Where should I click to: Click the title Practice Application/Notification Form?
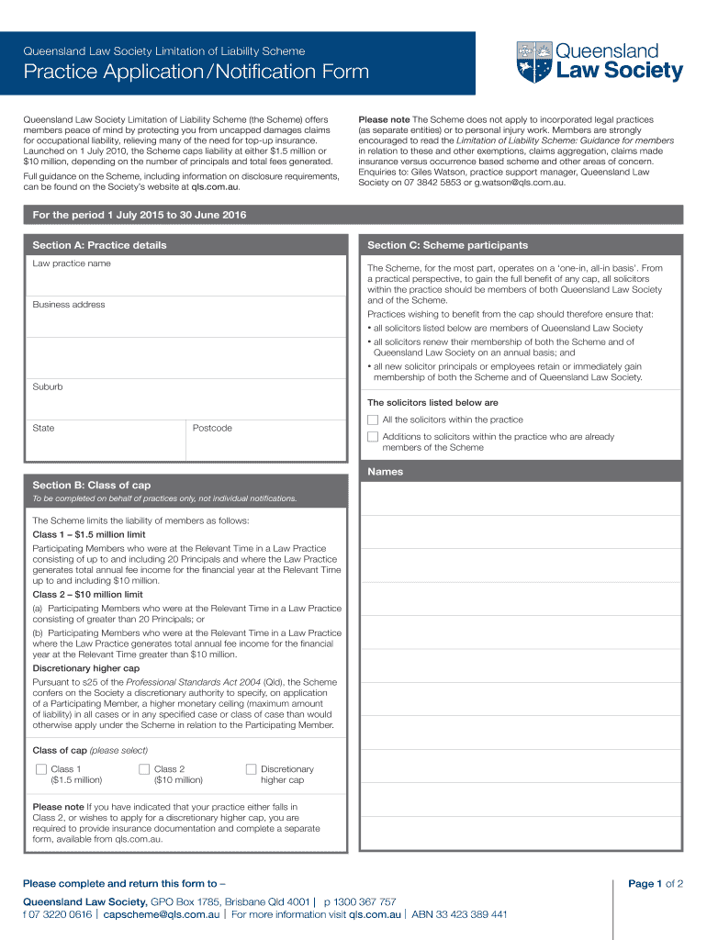[196, 72]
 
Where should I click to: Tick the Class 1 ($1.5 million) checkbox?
[40, 769]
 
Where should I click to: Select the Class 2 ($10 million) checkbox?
[144, 769]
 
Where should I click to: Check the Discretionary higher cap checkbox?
[251, 769]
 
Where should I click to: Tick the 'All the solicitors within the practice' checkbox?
[373, 420]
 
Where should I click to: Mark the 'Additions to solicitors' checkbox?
[373, 437]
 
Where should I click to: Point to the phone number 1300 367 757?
[365, 901]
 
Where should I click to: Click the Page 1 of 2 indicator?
[655, 884]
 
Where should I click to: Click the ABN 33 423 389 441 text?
[459, 914]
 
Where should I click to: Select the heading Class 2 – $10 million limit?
[88, 594]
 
